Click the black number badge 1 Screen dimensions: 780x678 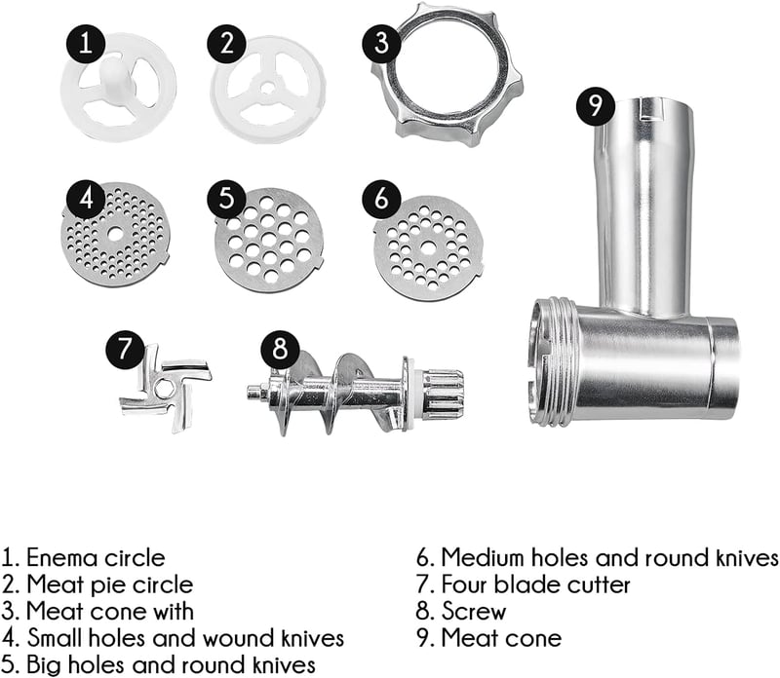point(86,43)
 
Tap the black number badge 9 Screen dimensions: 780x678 point(596,105)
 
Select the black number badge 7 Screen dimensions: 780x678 point(126,349)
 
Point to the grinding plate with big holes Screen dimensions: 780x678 point(269,240)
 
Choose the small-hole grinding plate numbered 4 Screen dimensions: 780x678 point(115,234)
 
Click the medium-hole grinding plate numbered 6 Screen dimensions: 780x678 point(428,247)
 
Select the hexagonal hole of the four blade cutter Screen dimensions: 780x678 point(163,389)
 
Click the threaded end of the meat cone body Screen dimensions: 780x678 point(552,362)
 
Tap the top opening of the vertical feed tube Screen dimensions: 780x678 point(647,108)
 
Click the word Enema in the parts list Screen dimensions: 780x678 point(61,558)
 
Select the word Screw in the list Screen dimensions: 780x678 point(474,612)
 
